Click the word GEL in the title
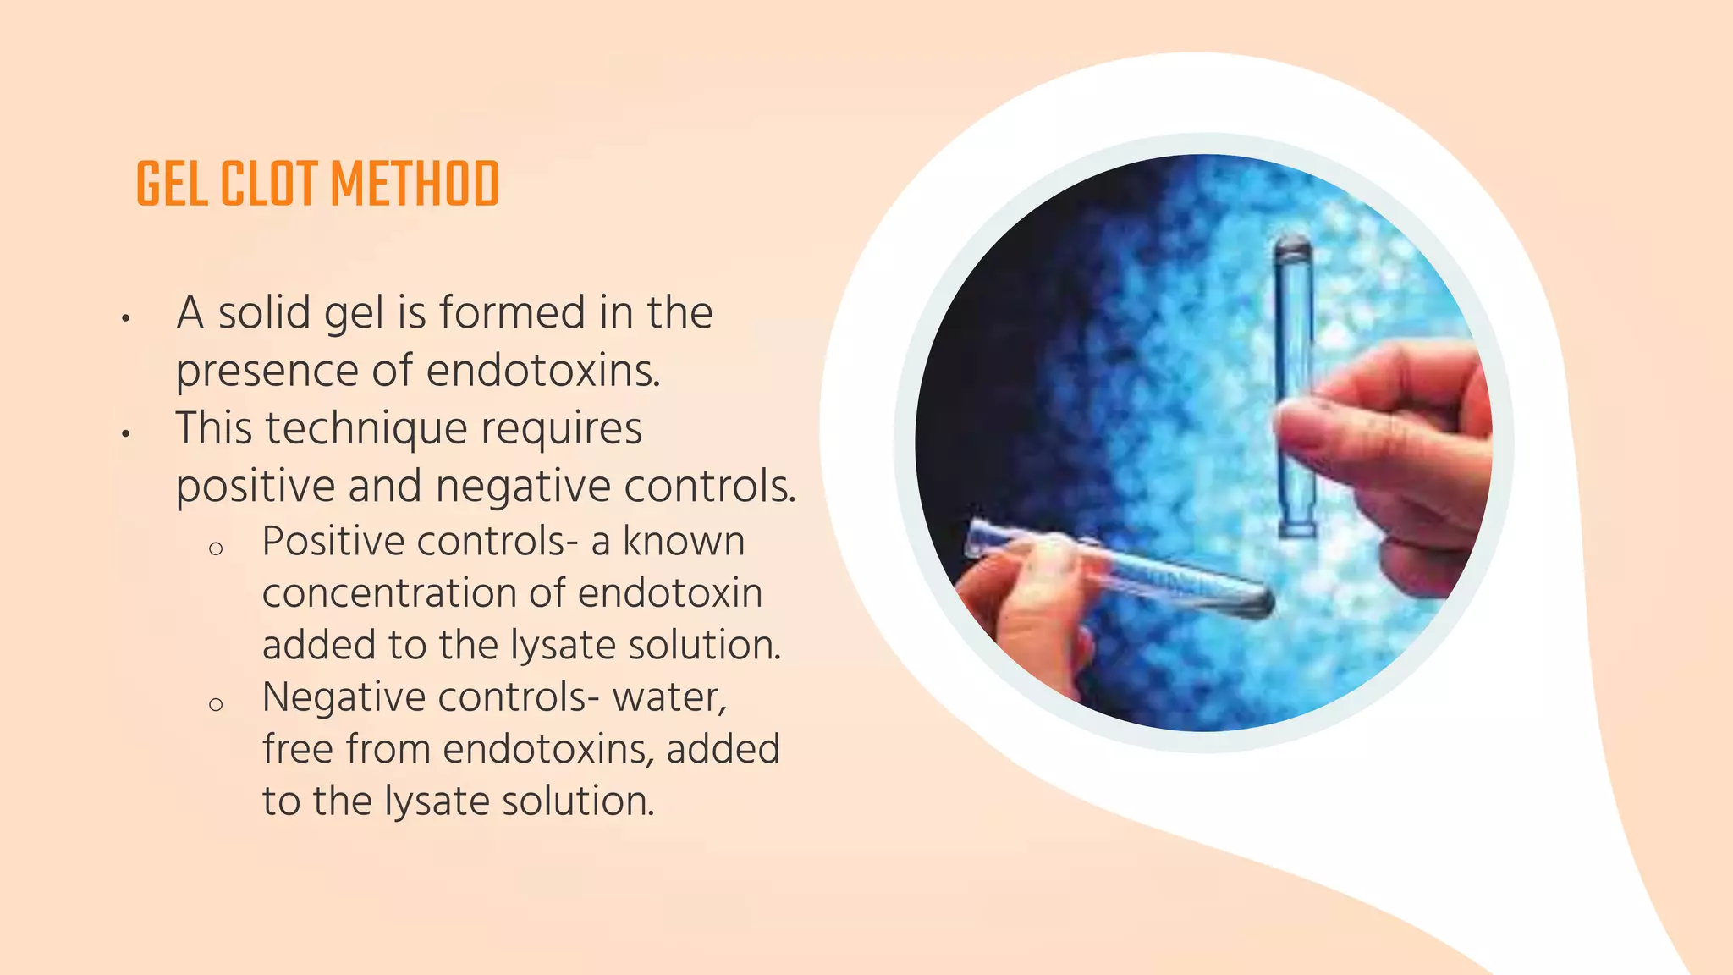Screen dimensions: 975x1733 click(172, 185)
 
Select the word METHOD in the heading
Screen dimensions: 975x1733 click(415, 185)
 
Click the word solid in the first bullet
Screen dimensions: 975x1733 click(265, 312)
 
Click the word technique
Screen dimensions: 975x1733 click(366, 428)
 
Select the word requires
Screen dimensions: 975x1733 click(562, 428)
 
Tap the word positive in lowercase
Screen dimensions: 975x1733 click(255, 487)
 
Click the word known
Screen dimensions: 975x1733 click(684, 542)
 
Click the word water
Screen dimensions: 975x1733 click(668, 698)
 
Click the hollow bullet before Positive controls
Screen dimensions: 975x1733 click(216, 548)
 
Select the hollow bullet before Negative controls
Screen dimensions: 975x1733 click(216, 704)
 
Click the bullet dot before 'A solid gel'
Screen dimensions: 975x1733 click(125, 318)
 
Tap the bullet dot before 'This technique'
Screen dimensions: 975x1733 click(125, 434)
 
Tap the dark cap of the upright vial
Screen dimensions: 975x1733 click(1292, 248)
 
